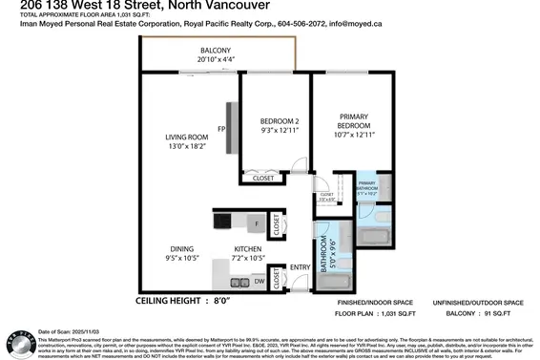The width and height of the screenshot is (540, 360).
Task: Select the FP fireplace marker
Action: pos(220,128)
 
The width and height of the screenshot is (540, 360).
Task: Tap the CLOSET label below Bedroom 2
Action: pos(260,179)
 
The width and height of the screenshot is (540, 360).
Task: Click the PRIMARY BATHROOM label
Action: pos(367,187)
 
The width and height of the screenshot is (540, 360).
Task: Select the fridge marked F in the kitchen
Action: pos(256,222)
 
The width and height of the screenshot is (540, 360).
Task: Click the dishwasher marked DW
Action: pos(259,282)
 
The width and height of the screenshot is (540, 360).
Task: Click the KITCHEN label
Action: pos(248,250)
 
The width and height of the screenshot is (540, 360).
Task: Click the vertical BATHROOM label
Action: pos(324,256)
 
